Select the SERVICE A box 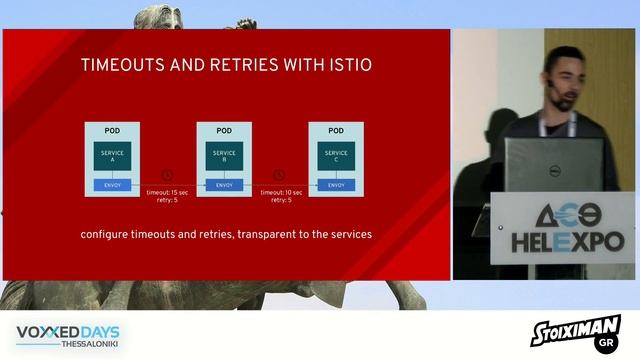[113, 156]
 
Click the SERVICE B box [224, 156]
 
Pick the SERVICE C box [336, 156]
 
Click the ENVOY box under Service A [113, 185]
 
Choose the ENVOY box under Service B [224, 185]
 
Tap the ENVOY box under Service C [336, 185]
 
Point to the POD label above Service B [224, 130]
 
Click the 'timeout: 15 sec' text [167, 192]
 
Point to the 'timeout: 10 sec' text [279, 192]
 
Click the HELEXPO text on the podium [567, 241]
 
